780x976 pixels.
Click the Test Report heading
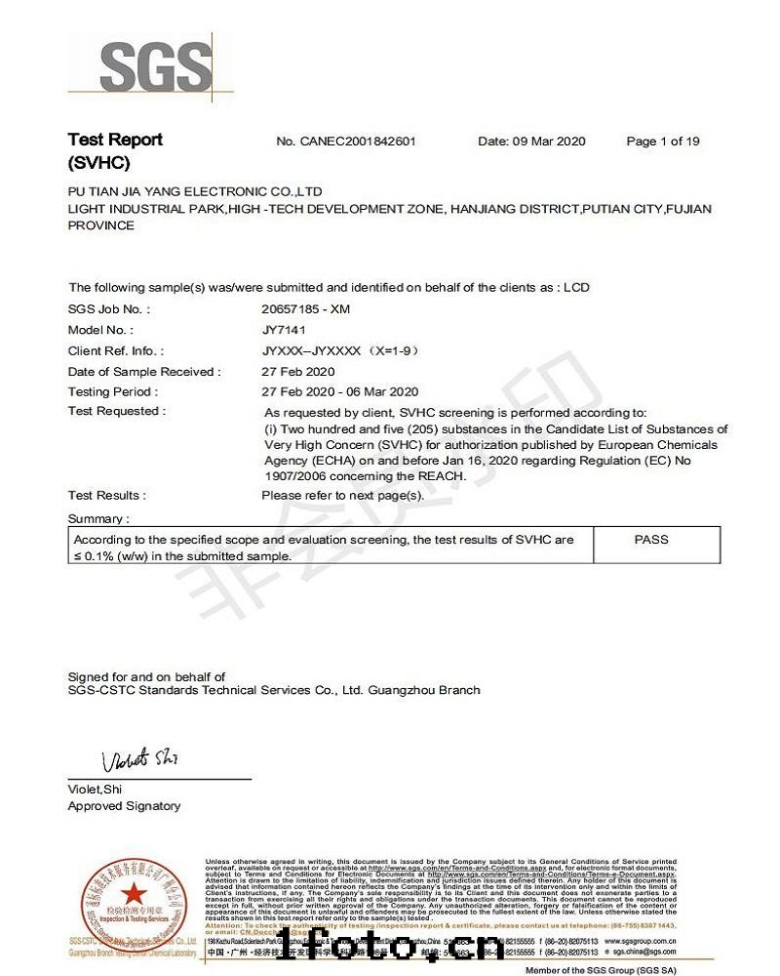point(115,140)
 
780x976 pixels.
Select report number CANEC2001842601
point(346,142)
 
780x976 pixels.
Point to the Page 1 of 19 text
point(663,142)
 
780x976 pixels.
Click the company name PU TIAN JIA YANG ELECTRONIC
point(195,192)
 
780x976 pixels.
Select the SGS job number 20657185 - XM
point(306,309)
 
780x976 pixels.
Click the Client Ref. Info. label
point(115,350)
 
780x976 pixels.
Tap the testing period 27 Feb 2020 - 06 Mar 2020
point(340,391)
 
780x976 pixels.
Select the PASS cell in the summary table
point(651,539)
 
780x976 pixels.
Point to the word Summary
point(97,519)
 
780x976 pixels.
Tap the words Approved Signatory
point(124,806)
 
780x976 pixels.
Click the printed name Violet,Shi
point(95,789)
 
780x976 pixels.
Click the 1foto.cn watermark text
point(390,945)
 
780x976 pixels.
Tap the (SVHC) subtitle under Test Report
point(98,163)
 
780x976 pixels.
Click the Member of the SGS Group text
point(601,970)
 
